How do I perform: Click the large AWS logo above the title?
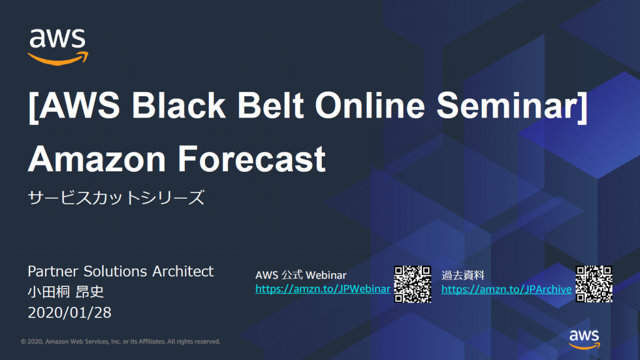tap(58, 47)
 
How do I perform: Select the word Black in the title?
tap(178, 105)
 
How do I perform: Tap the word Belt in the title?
tap(270, 105)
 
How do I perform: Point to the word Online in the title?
tap(370, 105)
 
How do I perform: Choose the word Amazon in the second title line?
tap(97, 159)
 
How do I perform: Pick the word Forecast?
tap(251, 159)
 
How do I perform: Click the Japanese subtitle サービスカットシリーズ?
tap(116, 197)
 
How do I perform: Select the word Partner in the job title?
tap(53, 271)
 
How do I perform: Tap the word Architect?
tap(183, 271)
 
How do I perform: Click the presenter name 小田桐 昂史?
tap(66, 292)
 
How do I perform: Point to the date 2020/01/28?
tap(69, 312)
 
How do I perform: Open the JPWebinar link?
tap(322, 289)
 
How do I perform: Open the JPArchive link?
tap(506, 289)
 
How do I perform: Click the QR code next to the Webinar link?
tap(412, 284)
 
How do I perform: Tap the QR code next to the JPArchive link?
tap(594, 284)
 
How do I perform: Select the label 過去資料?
tap(463, 275)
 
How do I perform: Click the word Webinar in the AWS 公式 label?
tap(326, 275)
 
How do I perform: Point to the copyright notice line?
tap(121, 342)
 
